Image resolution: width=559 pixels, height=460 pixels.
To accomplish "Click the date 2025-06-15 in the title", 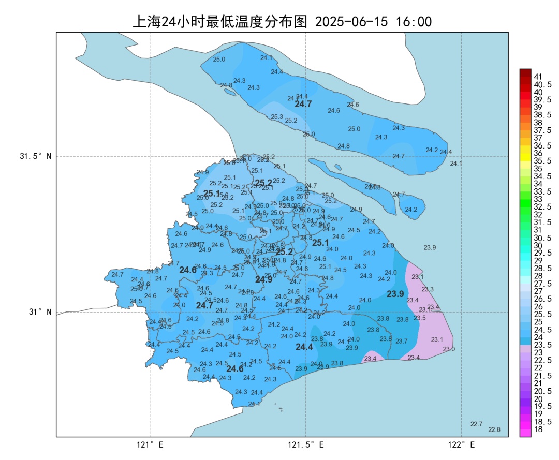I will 351,22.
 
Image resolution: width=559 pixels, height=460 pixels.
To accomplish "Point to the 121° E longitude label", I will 150,444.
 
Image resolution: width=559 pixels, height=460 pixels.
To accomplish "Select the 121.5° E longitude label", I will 306,444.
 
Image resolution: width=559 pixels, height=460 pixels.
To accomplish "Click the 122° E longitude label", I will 462,444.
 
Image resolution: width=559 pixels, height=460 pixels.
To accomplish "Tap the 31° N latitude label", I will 39,312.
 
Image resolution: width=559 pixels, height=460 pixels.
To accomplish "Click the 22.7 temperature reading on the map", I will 477,424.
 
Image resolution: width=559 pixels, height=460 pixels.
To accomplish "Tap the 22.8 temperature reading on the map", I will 494,429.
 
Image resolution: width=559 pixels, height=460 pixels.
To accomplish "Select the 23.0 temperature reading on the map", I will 449,349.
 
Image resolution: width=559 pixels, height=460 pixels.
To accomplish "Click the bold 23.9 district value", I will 395,294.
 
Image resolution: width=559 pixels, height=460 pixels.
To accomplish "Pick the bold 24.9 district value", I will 263,279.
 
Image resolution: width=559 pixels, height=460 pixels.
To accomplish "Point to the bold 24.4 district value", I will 304,347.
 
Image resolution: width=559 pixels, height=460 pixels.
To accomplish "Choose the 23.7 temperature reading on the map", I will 402,341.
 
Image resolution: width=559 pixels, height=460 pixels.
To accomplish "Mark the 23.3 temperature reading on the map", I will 428,289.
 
